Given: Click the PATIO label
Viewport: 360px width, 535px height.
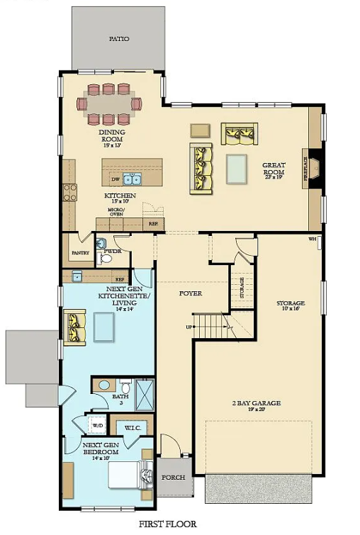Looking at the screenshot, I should click(x=118, y=40).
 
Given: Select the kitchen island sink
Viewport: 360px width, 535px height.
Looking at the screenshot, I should click(x=132, y=179).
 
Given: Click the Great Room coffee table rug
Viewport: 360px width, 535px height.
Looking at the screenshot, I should click(x=237, y=169).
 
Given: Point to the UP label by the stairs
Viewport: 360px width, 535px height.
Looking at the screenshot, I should click(x=188, y=327).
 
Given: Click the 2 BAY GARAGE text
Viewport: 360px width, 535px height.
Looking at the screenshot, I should click(x=257, y=403).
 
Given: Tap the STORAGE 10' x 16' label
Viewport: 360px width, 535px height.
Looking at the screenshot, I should click(x=290, y=307).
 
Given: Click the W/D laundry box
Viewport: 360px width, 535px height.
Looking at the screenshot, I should click(x=97, y=426).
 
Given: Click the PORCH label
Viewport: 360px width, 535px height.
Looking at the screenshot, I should click(x=173, y=477).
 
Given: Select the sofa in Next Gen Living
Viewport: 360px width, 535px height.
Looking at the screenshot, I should click(x=74, y=327).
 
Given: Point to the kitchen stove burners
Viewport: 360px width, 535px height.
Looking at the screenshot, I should click(x=70, y=191).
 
